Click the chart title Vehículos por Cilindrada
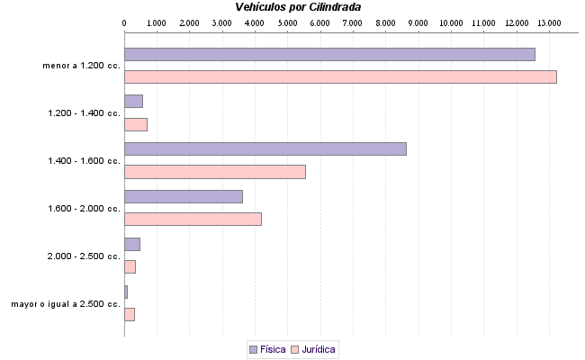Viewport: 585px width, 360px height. tap(298, 6)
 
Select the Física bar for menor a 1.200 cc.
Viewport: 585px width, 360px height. tap(329, 54)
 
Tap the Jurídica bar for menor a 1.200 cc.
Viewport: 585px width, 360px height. tap(340, 76)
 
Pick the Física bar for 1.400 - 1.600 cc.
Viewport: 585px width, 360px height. tap(265, 148)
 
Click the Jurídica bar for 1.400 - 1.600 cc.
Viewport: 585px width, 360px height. tap(214, 172)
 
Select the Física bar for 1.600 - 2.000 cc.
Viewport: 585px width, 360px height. tap(183, 196)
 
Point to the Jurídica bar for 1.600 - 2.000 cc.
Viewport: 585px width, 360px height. tap(193, 219)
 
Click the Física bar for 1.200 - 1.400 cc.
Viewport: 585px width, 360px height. tap(133, 101)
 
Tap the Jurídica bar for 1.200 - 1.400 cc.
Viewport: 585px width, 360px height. tap(135, 124)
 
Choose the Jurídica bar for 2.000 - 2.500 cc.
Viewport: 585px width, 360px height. tap(130, 266)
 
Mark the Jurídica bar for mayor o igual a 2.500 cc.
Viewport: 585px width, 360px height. tap(129, 314)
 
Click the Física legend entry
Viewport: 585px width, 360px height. tap(267, 348)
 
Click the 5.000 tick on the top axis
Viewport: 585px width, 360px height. tap(286, 21)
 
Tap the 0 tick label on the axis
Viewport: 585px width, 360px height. tap(123, 21)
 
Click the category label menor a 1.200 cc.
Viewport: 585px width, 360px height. tap(81, 66)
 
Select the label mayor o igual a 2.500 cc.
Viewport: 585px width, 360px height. tap(66, 304)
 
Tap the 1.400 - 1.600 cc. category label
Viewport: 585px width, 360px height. tap(84, 161)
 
